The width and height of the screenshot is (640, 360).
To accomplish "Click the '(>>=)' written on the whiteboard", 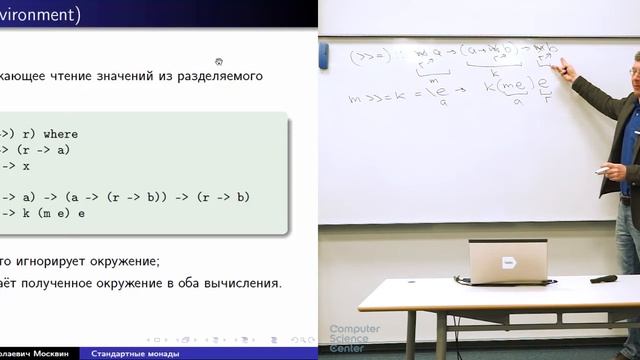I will tap(369, 57).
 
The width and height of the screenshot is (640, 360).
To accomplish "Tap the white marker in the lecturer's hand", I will tap(603, 170).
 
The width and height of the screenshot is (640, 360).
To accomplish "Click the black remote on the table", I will tap(603, 279).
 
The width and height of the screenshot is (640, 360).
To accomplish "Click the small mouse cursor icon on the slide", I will tap(219, 61).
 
